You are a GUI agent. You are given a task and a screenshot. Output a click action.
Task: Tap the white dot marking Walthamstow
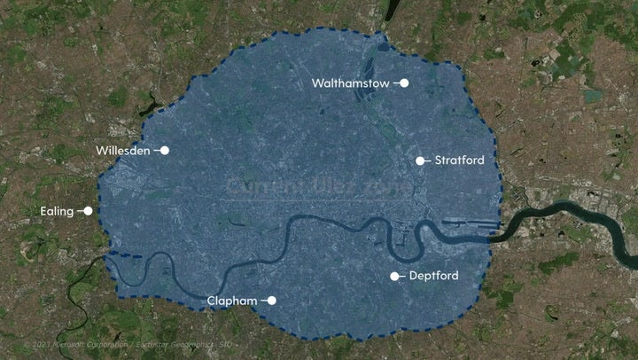404,83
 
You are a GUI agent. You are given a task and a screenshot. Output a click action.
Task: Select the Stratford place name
459,160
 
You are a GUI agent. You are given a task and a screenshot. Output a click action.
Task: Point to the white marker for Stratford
420,160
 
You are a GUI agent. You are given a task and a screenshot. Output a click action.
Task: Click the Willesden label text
122,151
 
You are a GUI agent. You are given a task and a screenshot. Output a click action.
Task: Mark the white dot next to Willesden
165,151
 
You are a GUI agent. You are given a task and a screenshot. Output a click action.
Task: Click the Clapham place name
231,301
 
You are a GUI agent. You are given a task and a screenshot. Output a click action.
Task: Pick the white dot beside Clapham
273,301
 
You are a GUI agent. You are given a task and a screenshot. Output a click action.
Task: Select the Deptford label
434,277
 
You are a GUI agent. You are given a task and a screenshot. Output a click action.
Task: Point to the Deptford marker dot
394,277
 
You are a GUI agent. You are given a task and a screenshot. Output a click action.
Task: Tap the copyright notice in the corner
128,343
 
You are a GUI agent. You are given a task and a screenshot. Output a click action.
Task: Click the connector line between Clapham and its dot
263,301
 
